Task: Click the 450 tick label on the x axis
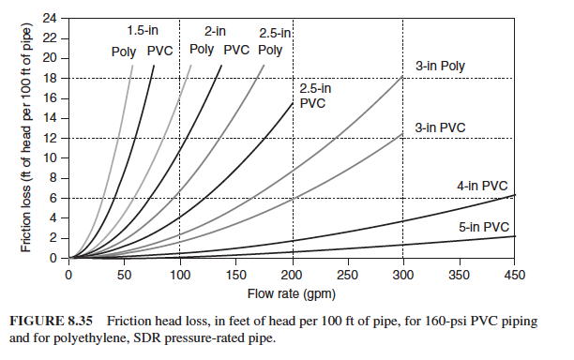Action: (515, 276)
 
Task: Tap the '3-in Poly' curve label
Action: (440, 67)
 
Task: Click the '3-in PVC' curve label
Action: (440, 127)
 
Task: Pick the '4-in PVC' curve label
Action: (482, 186)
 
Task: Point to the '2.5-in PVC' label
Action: (315, 96)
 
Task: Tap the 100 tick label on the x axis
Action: (180, 276)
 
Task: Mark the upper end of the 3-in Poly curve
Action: (403, 77)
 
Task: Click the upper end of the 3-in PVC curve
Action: (403, 133)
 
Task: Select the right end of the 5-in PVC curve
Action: (515, 236)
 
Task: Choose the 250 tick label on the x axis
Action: (347, 276)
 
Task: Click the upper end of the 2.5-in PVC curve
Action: (293, 102)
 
